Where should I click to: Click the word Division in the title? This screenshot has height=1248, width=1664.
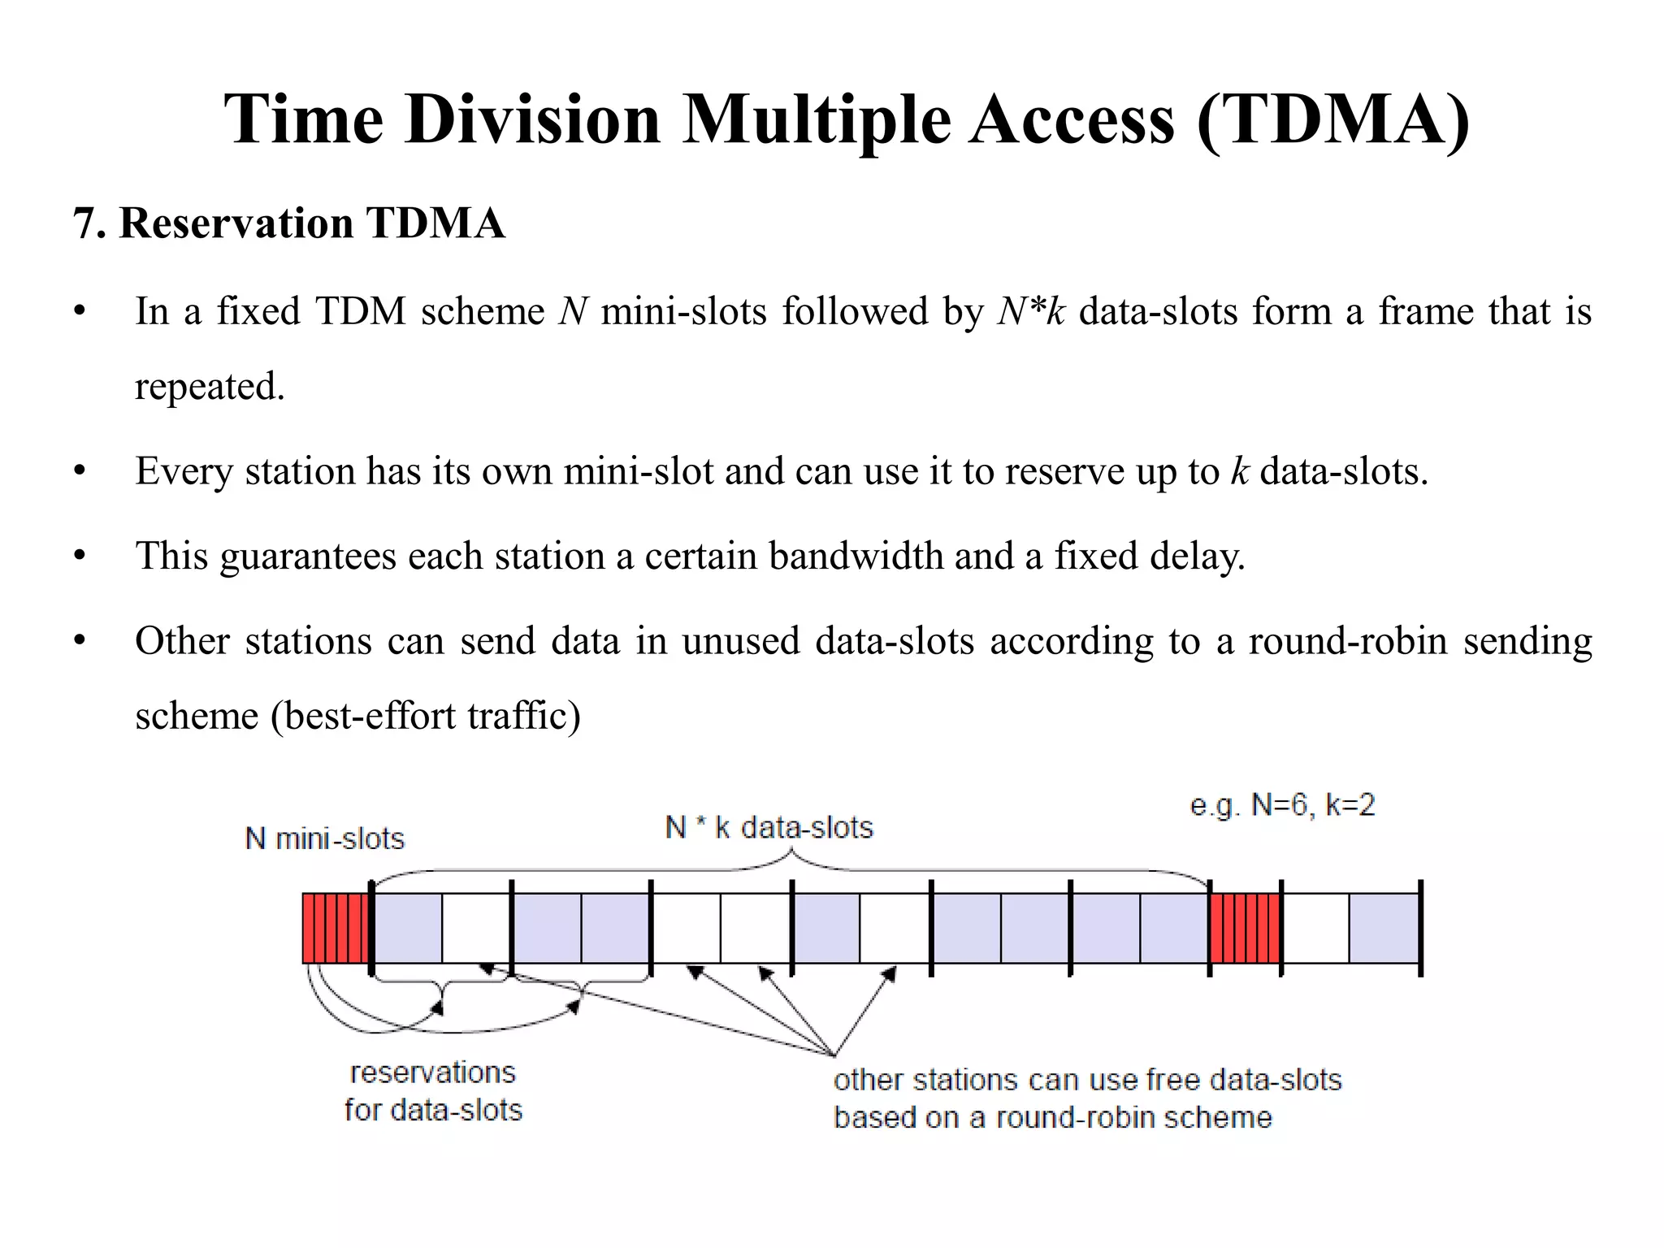532,120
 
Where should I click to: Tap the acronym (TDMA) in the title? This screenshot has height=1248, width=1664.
1332,120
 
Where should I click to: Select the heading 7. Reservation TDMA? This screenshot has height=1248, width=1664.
289,223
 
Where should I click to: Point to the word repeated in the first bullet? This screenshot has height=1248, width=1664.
210,386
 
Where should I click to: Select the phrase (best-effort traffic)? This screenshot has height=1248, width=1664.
426,716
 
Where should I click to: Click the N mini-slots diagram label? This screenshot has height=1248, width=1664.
324,838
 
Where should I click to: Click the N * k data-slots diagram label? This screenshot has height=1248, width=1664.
769,828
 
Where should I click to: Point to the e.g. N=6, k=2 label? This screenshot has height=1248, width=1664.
1282,805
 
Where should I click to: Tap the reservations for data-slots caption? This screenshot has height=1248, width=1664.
433,1091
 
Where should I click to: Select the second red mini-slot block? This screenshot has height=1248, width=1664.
1245,928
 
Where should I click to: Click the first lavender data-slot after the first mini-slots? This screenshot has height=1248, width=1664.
408,928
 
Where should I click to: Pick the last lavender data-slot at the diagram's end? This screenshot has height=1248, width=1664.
1384,928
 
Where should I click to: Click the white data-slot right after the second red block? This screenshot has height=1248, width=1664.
1315,928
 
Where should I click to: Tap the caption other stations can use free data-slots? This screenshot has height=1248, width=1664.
1087,1080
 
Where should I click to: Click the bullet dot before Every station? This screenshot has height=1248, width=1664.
79,471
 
